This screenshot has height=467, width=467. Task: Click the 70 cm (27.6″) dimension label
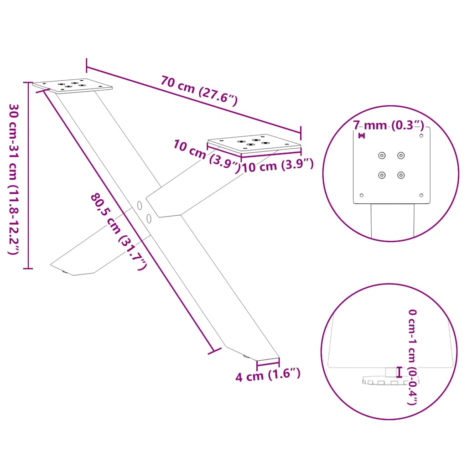pyautogui.click(x=199, y=90)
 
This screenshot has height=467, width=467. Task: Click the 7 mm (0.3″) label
pyautogui.click(x=389, y=125)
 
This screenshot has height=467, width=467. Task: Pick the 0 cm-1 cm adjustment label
pyautogui.click(x=413, y=356)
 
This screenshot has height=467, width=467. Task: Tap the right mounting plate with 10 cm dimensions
pyautogui.click(x=254, y=143)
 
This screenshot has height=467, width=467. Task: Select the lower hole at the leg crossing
pyautogui.click(x=149, y=218)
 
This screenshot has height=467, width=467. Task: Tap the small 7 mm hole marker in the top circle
pyautogui.click(x=362, y=135)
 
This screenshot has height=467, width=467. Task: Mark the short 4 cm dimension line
pyautogui.click(x=268, y=363)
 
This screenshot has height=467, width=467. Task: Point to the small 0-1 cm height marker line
pyautogui.click(x=400, y=372)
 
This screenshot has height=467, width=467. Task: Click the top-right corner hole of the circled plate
pyautogui.click(x=421, y=135)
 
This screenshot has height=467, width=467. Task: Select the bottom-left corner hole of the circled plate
pyautogui.click(x=362, y=195)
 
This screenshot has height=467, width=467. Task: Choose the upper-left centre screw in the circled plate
pyautogui.click(x=382, y=156)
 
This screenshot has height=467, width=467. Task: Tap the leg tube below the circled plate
pyautogui.click(x=392, y=221)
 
